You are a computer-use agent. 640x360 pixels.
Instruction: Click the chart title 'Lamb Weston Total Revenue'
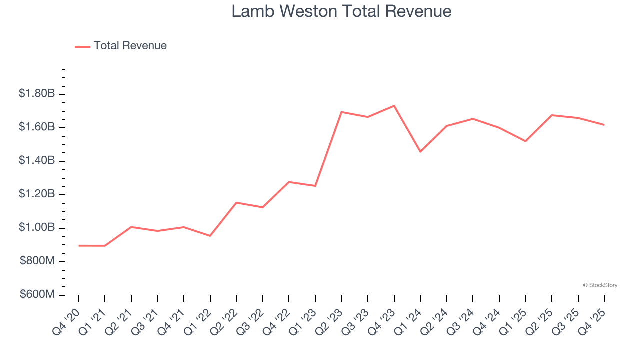(x=341, y=11)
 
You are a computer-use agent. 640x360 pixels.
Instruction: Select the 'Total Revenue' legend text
(x=130, y=46)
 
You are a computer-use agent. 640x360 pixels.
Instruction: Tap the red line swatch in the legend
(x=82, y=46)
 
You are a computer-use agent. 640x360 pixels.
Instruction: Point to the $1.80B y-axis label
(x=37, y=94)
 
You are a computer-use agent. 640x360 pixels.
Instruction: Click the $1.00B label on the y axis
(x=37, y=228)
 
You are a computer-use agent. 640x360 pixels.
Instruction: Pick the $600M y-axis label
(x=37, y=295)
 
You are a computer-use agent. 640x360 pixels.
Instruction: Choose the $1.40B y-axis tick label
(x=37, y=161)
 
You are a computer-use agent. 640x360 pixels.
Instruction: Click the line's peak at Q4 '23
(x=394, y=106)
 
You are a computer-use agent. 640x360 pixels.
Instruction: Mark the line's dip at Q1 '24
(x=420, y=151)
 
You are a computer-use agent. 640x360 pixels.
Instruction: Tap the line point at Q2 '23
(x=341, y=112)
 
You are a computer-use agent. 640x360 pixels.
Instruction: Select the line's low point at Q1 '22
(x=210, y=236)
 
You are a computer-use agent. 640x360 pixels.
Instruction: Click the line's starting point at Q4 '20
(x=79, y=246)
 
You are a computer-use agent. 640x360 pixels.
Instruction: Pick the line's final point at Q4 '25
(x=604, y=125)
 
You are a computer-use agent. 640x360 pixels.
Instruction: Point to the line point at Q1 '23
(x=315, y=186)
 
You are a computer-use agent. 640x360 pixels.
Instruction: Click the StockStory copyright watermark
(x=600, y=285)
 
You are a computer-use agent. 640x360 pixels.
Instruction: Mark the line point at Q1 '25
(x=525, y=141)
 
